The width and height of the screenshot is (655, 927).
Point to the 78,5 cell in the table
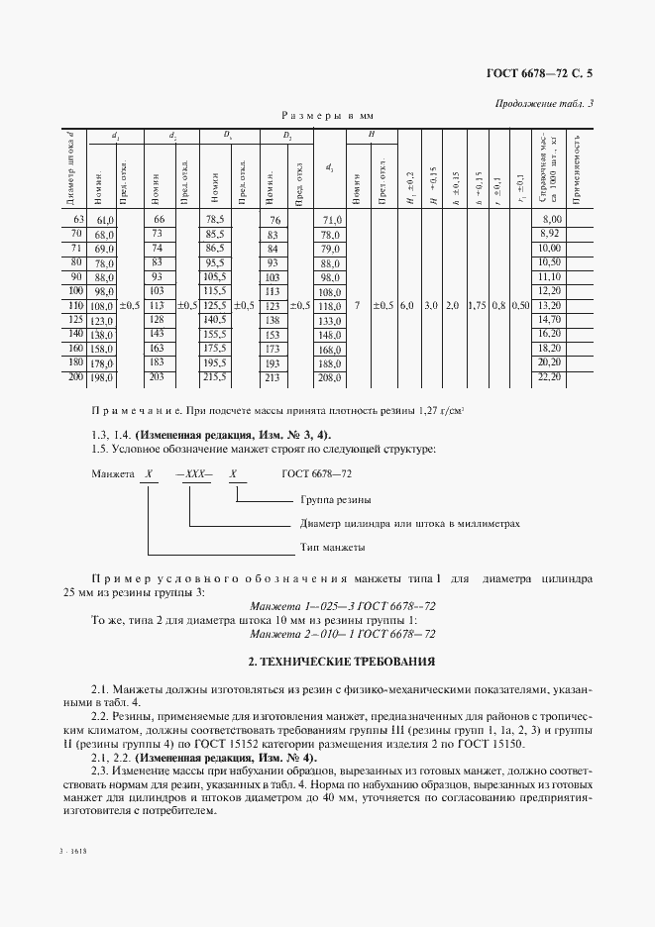click(x=215, y=218)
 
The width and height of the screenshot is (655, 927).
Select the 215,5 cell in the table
click(x=215, y=378)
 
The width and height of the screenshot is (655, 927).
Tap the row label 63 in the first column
click(x=78, y=218)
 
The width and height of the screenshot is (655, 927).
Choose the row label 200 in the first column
click(x=76, y=378)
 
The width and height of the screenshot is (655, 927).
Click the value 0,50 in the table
click(x=520, y=306)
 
